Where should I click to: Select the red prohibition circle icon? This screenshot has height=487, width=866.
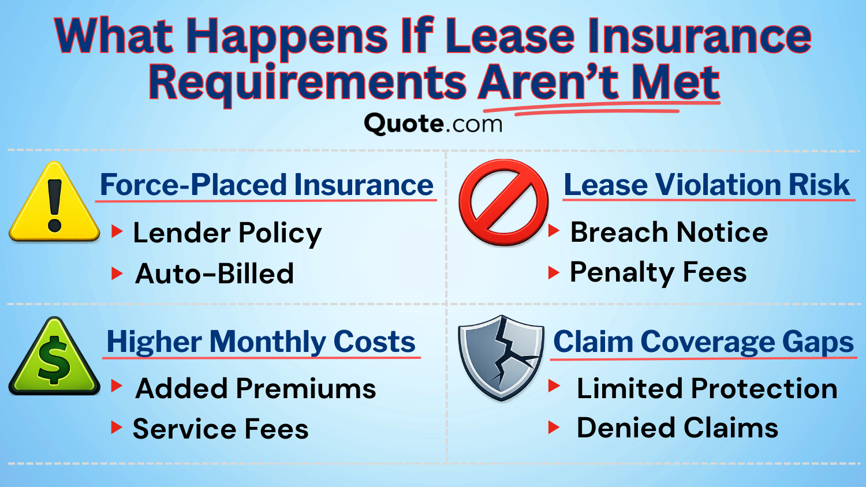tap(503, 203)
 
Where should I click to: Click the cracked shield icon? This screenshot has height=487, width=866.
tap(501, 357)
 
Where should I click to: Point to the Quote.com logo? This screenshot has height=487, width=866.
tap(433, 123)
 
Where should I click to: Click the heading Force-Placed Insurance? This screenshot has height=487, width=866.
tap(266, 185)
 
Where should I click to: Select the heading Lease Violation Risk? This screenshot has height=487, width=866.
tap(706, 185)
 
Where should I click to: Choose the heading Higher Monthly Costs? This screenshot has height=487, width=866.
tap(261, 342)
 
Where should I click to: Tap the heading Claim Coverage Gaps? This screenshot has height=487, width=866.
tap(703, 342)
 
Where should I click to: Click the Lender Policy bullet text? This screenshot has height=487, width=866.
tap(227, 233)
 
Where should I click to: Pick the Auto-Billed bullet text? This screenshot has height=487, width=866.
tap(215, 274)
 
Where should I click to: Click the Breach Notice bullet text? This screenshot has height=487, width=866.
tap(669, 232)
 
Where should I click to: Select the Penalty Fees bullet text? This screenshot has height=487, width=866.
tap(658, 272)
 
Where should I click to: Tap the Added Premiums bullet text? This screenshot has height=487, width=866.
tap(256, 388)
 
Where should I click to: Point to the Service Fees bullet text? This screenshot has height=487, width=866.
tap(221, 429)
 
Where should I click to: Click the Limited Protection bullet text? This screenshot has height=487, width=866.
tap(707, 388)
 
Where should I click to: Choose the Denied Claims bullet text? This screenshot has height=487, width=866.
tap(677, 428)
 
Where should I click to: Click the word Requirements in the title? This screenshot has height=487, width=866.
tap(307, 83)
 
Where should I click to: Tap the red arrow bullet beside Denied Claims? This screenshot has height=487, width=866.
tap(554, 428)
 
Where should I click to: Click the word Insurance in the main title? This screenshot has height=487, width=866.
tap(699, 36)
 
